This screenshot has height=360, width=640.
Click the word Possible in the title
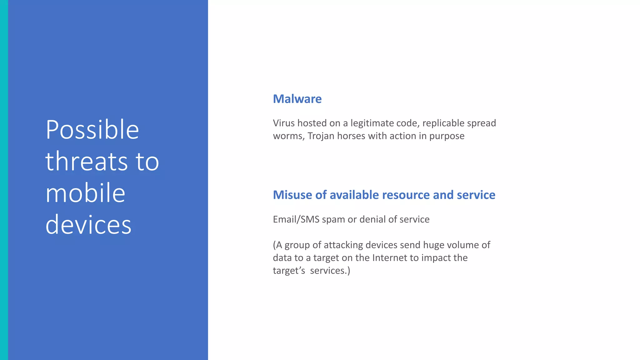click(x=92, y=130)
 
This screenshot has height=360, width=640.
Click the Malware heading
click(x=297, y=99)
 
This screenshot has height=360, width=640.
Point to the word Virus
click(x=284, y=123)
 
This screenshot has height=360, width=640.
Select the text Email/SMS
click(x=296, y=219)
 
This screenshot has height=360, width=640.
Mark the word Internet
click(x=390, y=258)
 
